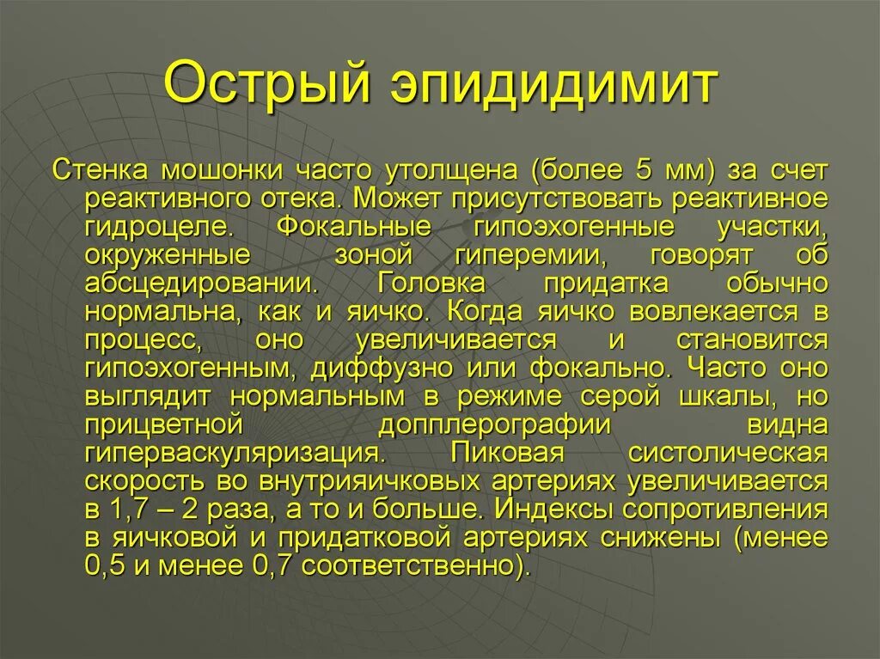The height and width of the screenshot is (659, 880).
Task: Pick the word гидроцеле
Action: (157, 228)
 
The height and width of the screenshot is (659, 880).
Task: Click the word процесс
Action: (144, 340)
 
